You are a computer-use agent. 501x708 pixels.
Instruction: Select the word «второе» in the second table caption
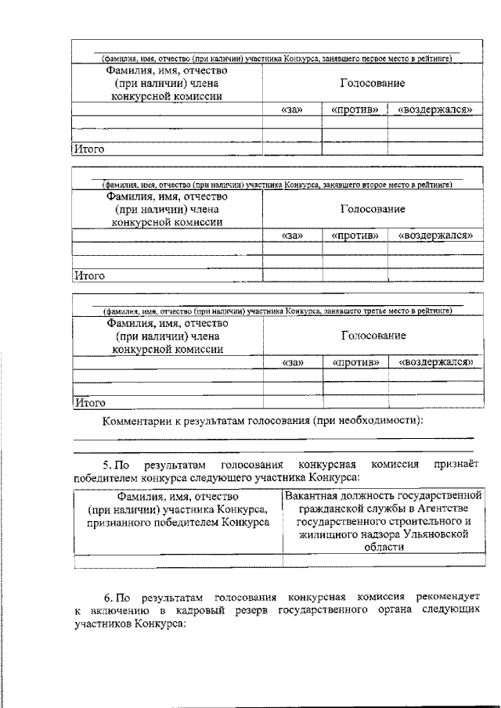379,185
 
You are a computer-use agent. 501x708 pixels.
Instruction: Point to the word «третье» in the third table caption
379,311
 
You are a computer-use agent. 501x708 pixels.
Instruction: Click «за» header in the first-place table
291,110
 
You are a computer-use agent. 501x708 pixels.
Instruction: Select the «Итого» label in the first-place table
88,149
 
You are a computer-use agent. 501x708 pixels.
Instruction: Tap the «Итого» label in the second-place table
88,275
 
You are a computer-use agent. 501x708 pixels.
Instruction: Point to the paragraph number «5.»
110,464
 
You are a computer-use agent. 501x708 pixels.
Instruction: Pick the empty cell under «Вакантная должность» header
384,560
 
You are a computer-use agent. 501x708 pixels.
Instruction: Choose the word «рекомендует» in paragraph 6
443,597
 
